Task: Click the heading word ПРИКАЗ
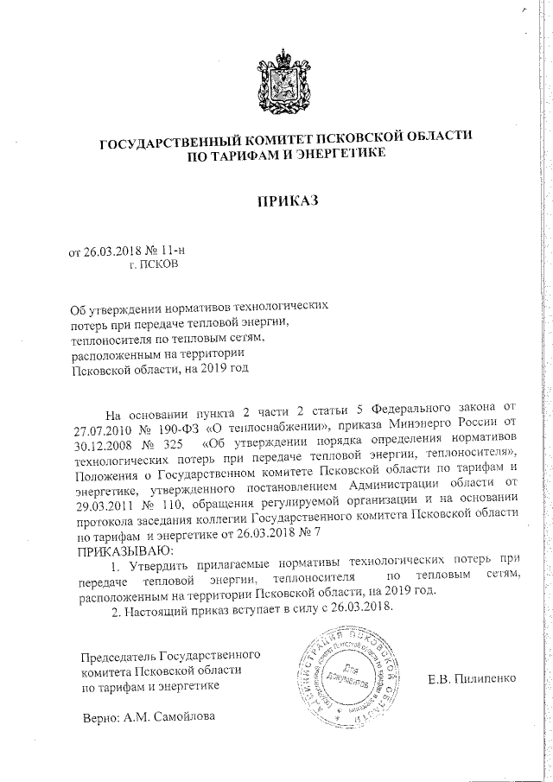pyautogui.click(x=289, y=201)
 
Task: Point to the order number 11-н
pyautogui.click(x=173, y=251)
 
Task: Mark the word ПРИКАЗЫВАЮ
pyautogui.click(x=126, y=550)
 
